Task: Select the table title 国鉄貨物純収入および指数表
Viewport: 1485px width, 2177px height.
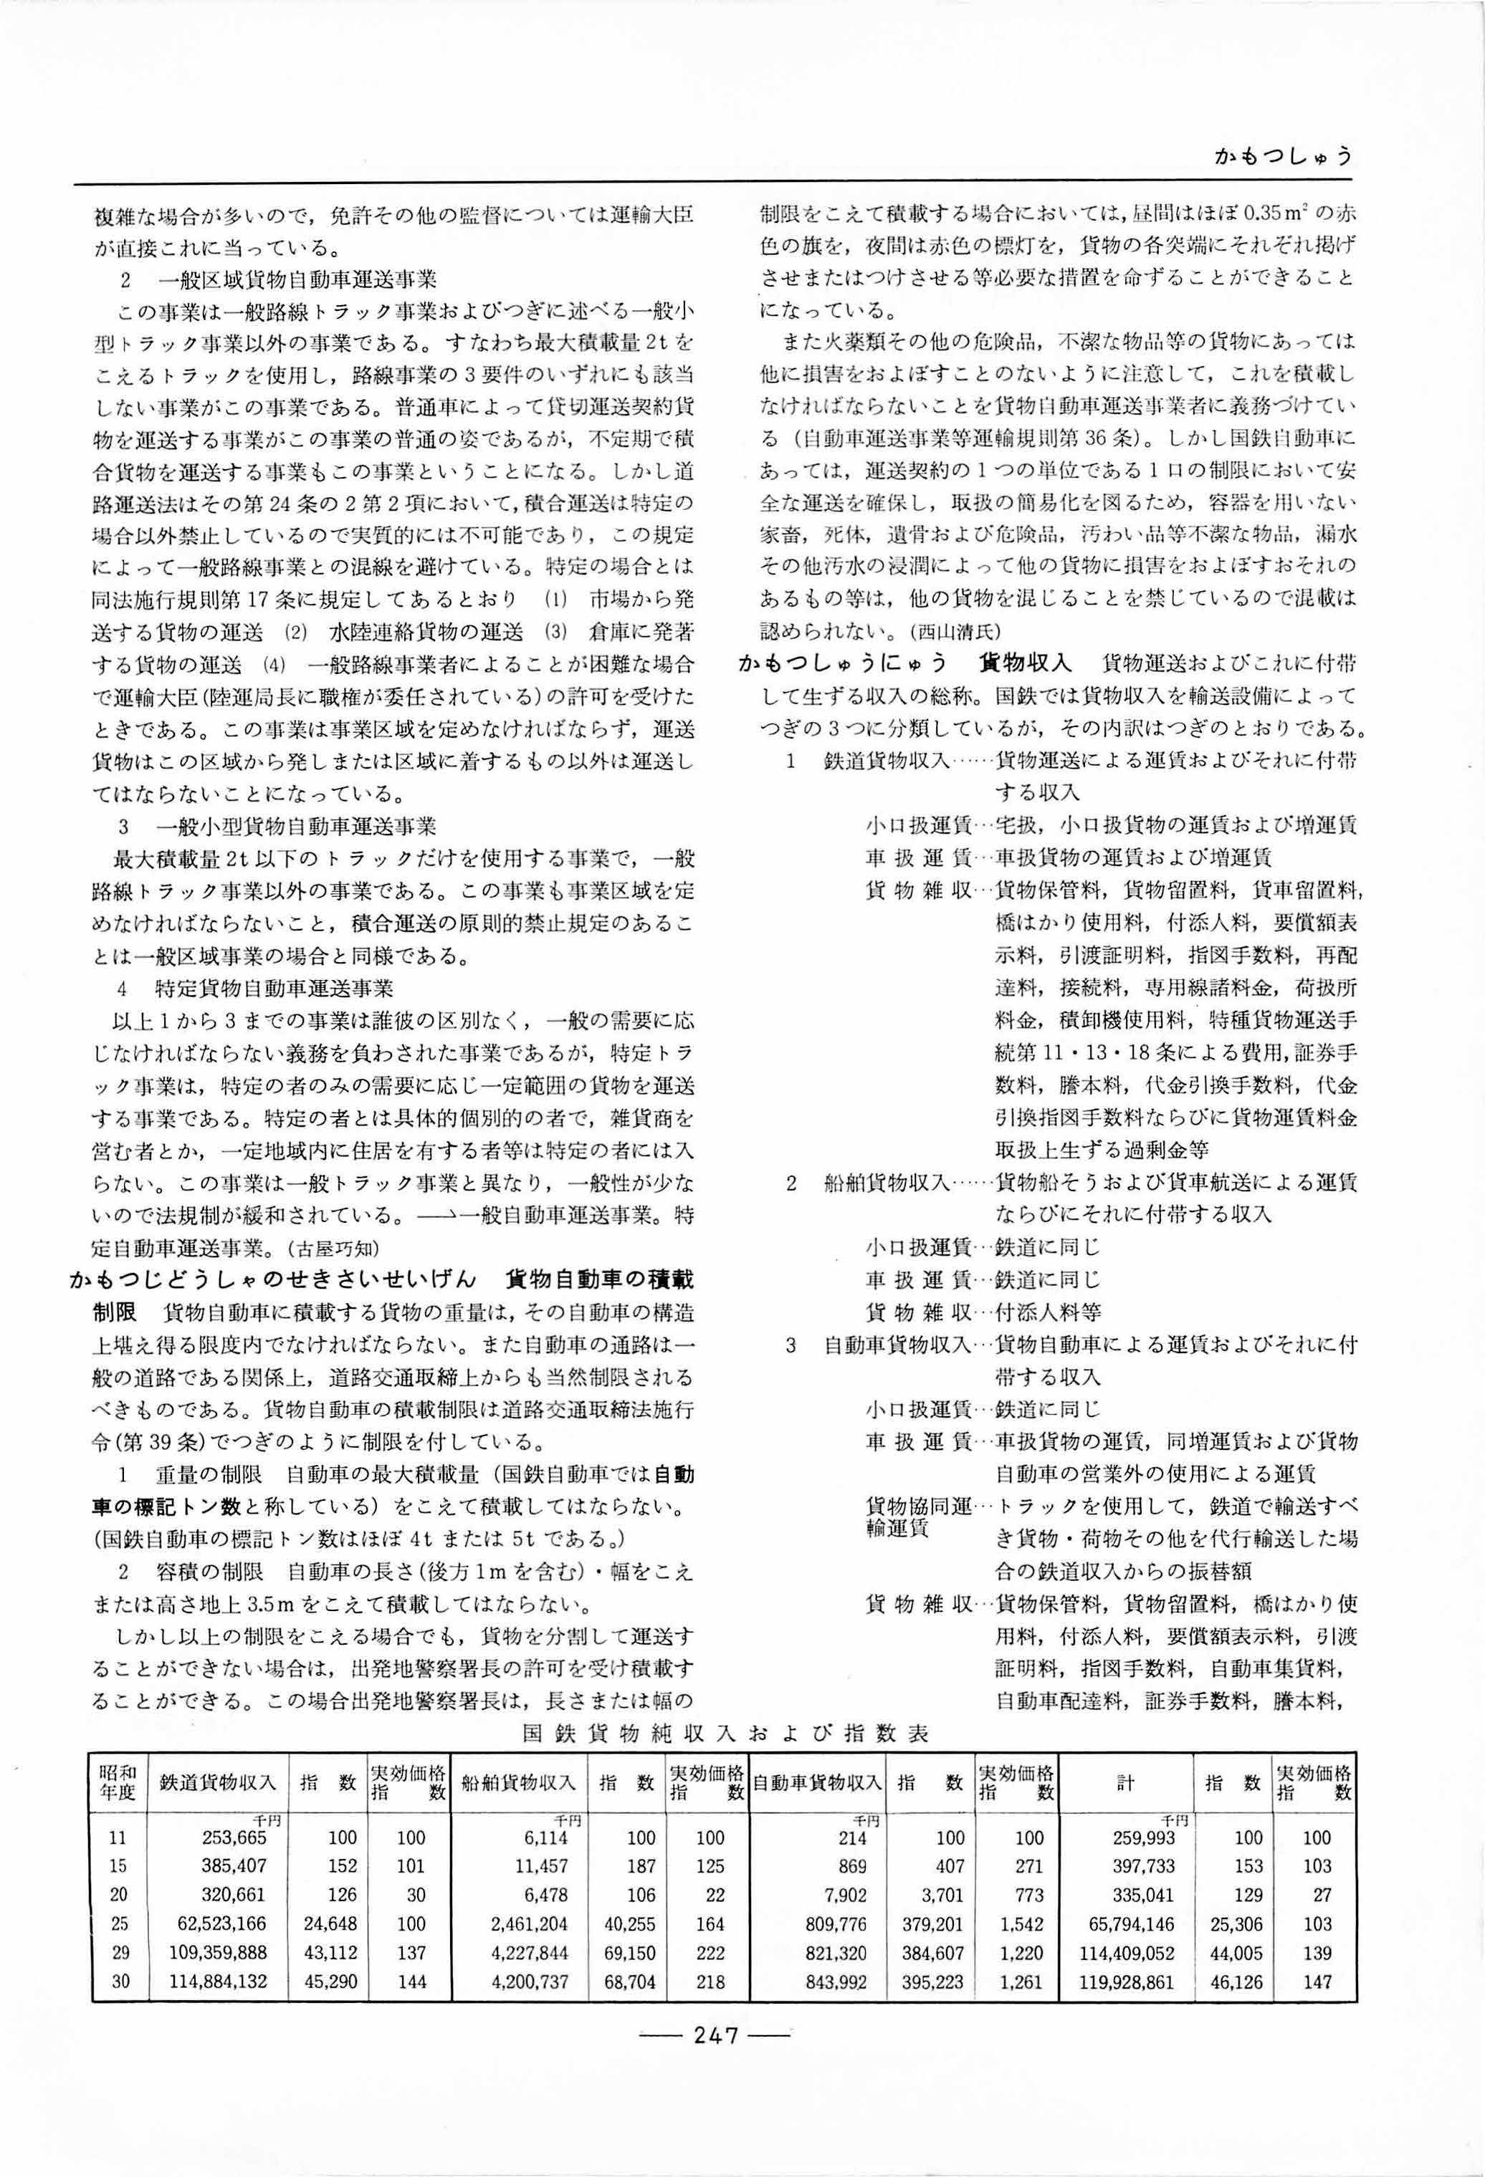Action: (x=725, y=1733)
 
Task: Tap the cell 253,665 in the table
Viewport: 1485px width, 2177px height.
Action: (x=234, y=1838)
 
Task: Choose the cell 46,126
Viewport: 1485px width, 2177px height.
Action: (x=1237, y=1981)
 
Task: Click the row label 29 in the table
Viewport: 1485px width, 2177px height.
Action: (x=120, y=1953)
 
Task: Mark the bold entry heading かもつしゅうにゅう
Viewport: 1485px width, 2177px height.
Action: (x=844, y=663)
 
